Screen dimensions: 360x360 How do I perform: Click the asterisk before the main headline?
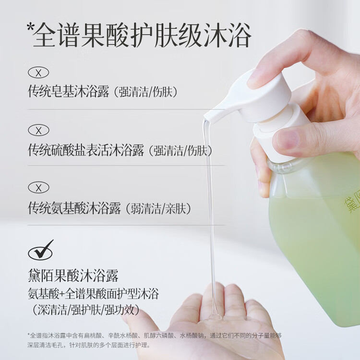pos(30,30)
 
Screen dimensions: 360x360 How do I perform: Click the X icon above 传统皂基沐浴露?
pos(38,73)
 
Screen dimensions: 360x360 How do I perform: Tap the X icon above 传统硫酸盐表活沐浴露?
pos(38,130)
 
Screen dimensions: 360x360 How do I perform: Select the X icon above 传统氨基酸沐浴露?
pos(38,187)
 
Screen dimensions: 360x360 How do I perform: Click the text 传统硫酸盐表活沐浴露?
pos(86,150)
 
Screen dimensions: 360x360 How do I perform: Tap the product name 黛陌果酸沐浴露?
pos(73,276)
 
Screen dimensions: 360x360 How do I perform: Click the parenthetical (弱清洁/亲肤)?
pos(158,208)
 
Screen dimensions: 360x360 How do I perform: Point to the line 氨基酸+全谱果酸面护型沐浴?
pos(94,293)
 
